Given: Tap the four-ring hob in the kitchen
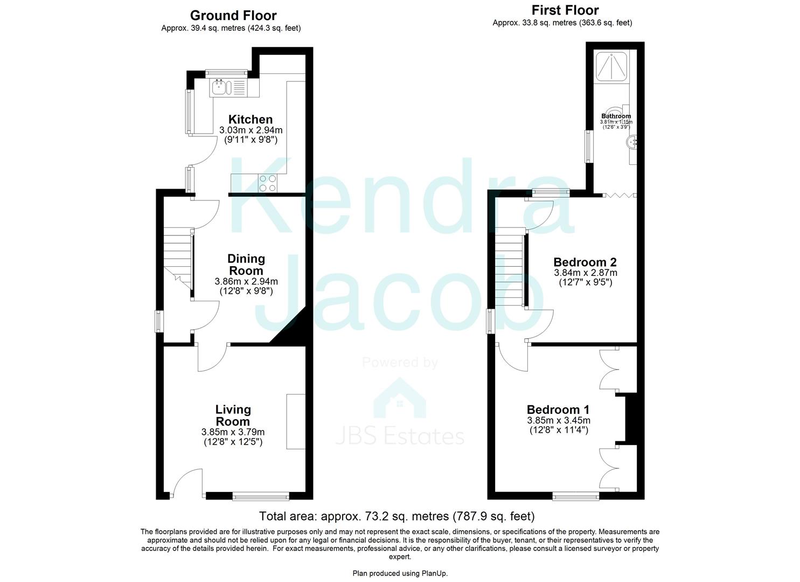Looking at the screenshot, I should coord(268,183).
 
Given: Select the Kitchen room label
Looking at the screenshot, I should coord(251,120).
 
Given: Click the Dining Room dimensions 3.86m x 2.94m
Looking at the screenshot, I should coord(246,281).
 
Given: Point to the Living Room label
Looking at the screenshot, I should coord(233,415).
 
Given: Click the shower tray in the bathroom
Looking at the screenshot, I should coord(611,67).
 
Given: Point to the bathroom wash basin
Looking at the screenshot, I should coord(631,142).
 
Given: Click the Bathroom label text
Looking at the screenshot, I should coord(616,116).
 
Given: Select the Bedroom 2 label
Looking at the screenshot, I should coord(585,262).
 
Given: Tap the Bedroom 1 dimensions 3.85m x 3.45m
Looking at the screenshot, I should coord(558,420).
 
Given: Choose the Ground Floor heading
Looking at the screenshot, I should coord(233,16).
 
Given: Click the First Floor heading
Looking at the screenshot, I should coord(565,10).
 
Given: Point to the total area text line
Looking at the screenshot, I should coord(396,516).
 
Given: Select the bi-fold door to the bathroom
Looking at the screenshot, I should coord(619,195).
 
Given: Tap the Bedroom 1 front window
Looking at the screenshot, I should coord(575,496).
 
